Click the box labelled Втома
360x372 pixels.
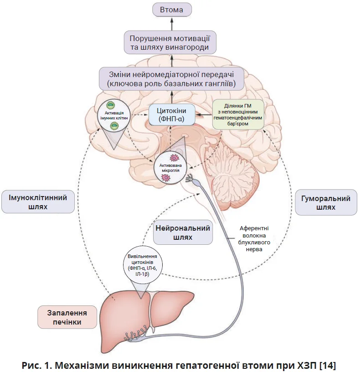[171, 9]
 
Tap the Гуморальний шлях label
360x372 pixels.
[325, 203]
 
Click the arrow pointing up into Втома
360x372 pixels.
[171, 23]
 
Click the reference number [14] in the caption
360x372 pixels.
[327, 364]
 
